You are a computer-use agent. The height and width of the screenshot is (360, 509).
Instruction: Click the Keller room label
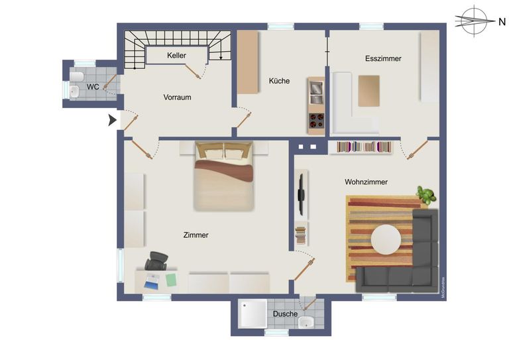coord(176,56)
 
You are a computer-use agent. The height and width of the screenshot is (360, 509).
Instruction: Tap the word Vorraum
coord(177,97)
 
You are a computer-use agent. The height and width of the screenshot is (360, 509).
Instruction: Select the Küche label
coord(279,81)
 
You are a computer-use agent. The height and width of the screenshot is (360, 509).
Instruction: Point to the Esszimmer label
coord(383,58)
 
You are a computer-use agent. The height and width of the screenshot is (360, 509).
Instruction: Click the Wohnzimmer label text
coord(366,182)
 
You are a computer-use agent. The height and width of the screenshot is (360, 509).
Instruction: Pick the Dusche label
coord(285,314)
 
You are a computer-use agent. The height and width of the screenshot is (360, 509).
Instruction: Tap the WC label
coord(93,87)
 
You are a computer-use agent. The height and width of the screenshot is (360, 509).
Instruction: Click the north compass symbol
coord(475,21)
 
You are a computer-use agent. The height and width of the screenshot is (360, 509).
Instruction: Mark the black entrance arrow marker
coord(113,120)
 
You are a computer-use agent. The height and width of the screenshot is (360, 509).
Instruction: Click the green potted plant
coord(426,196)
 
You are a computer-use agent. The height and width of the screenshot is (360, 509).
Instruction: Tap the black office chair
coord(157,261)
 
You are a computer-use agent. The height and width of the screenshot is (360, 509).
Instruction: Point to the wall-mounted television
coord(301,194)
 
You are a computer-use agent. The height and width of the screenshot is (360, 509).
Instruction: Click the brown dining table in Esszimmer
coord(369,91)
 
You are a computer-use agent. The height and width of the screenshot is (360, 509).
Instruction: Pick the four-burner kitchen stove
coord(316,122)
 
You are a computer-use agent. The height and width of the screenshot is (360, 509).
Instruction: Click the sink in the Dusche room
coord(307,323)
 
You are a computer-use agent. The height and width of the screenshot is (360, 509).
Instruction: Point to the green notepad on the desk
coord(171,280)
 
